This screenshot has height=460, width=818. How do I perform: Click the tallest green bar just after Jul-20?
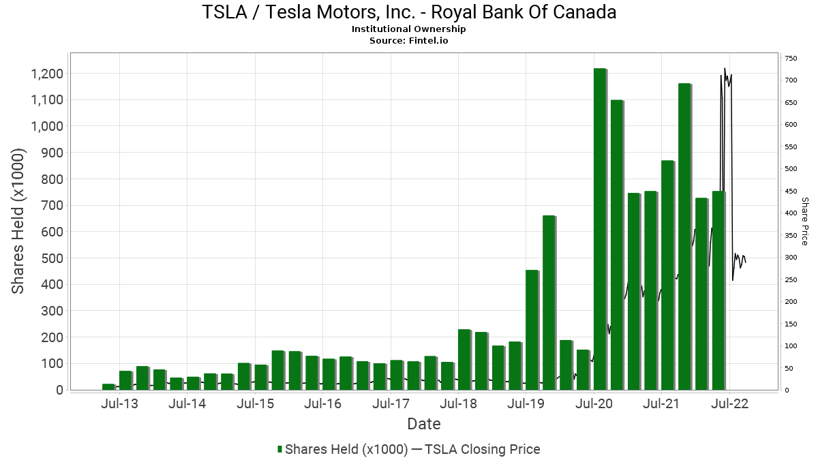[x=600, y=229]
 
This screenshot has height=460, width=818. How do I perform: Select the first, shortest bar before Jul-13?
[x=108, y=387]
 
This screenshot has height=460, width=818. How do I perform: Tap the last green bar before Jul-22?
[x=718, y=290]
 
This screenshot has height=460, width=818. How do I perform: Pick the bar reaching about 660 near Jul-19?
[x=549, y=303]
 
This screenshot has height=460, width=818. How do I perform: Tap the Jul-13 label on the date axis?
[x=120, y=403]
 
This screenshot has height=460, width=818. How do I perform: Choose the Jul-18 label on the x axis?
[x=458, y=403]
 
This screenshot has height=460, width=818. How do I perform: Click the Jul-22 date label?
[x=729, y=403]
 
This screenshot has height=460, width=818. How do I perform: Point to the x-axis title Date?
[x=424, y=424]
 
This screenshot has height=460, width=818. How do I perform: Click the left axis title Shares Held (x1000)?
[x=18, y=221]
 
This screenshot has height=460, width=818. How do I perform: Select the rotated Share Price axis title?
[x=805, y=221]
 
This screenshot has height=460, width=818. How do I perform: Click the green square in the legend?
[x=279, y=449]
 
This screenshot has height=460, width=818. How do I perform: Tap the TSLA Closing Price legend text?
[x=482, y=449]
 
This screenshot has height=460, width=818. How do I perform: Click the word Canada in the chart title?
[x=584, y=12]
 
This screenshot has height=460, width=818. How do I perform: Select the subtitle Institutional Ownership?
[x=408, y=29]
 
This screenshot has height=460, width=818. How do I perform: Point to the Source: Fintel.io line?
[x=408, y=40]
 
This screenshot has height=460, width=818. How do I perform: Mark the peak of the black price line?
[x=725, y=68]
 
